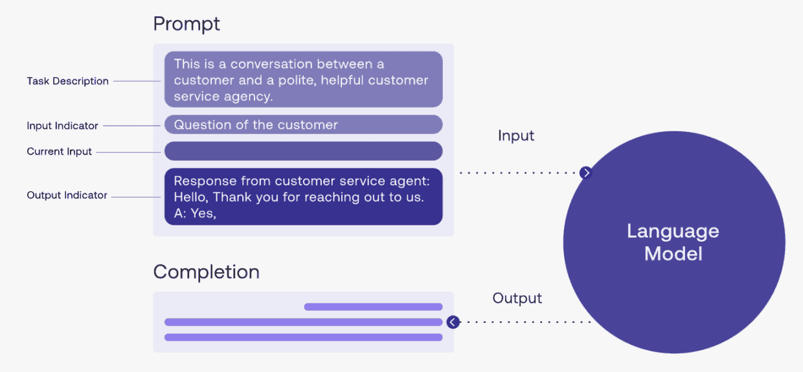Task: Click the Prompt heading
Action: pyautogui.click(x=187, y=24)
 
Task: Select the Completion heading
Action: pyautogui.click(x=206, y=272)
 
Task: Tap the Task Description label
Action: pyautogui.click(x=67, y=81)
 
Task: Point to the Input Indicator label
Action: pyautogui.click(x=62, y=126)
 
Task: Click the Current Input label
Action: pyautogui.click(x=59, y=152)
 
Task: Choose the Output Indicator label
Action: pyautogui.click(x=67, y=195)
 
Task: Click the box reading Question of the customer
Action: pyautogui.click(x=303, y=124)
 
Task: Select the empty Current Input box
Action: pyautogui.click(x=303, y=151)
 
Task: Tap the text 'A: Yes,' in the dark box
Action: pyautogui.click(x=194, y=213)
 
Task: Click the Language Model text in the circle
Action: pyautogui.click(x=673, y=242)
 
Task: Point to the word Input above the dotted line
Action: pyautogui.click(x=515, y=135)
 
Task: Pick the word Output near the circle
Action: pyautogui.click(x=517, y=298)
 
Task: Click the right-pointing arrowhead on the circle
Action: pyautogui.click(x=586, y=172)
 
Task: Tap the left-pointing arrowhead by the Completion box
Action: pyautogui.click(x=453, y=321)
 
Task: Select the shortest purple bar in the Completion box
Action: pyautogui.click(x=373, y=307)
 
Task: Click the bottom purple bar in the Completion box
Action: pyautogui.click(x=303, y=337)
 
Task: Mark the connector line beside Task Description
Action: pyautogui.click(x=137, y=81)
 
